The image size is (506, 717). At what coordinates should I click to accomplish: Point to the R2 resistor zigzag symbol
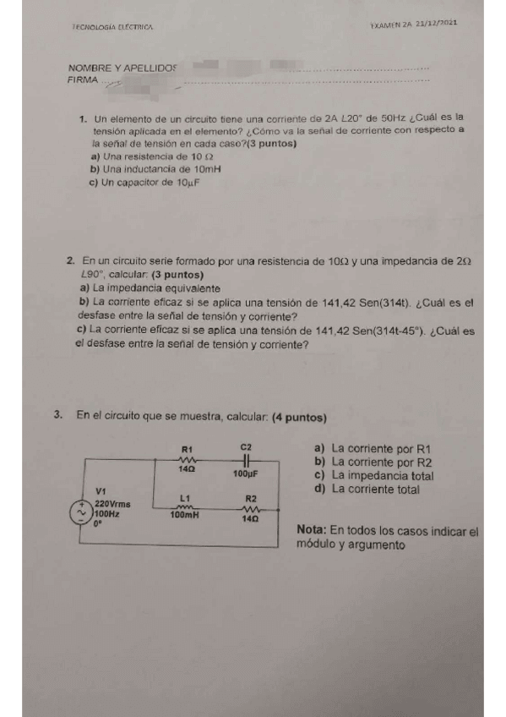pos(250,509)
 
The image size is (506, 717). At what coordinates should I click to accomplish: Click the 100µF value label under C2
pos(245,474)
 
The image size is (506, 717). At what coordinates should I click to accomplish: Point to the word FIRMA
pos(82,80)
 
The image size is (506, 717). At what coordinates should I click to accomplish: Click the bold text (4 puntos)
pos(300,417)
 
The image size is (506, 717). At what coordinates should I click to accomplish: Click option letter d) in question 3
pos(318,488)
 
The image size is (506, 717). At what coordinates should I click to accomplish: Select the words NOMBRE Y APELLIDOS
pos(122,67)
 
